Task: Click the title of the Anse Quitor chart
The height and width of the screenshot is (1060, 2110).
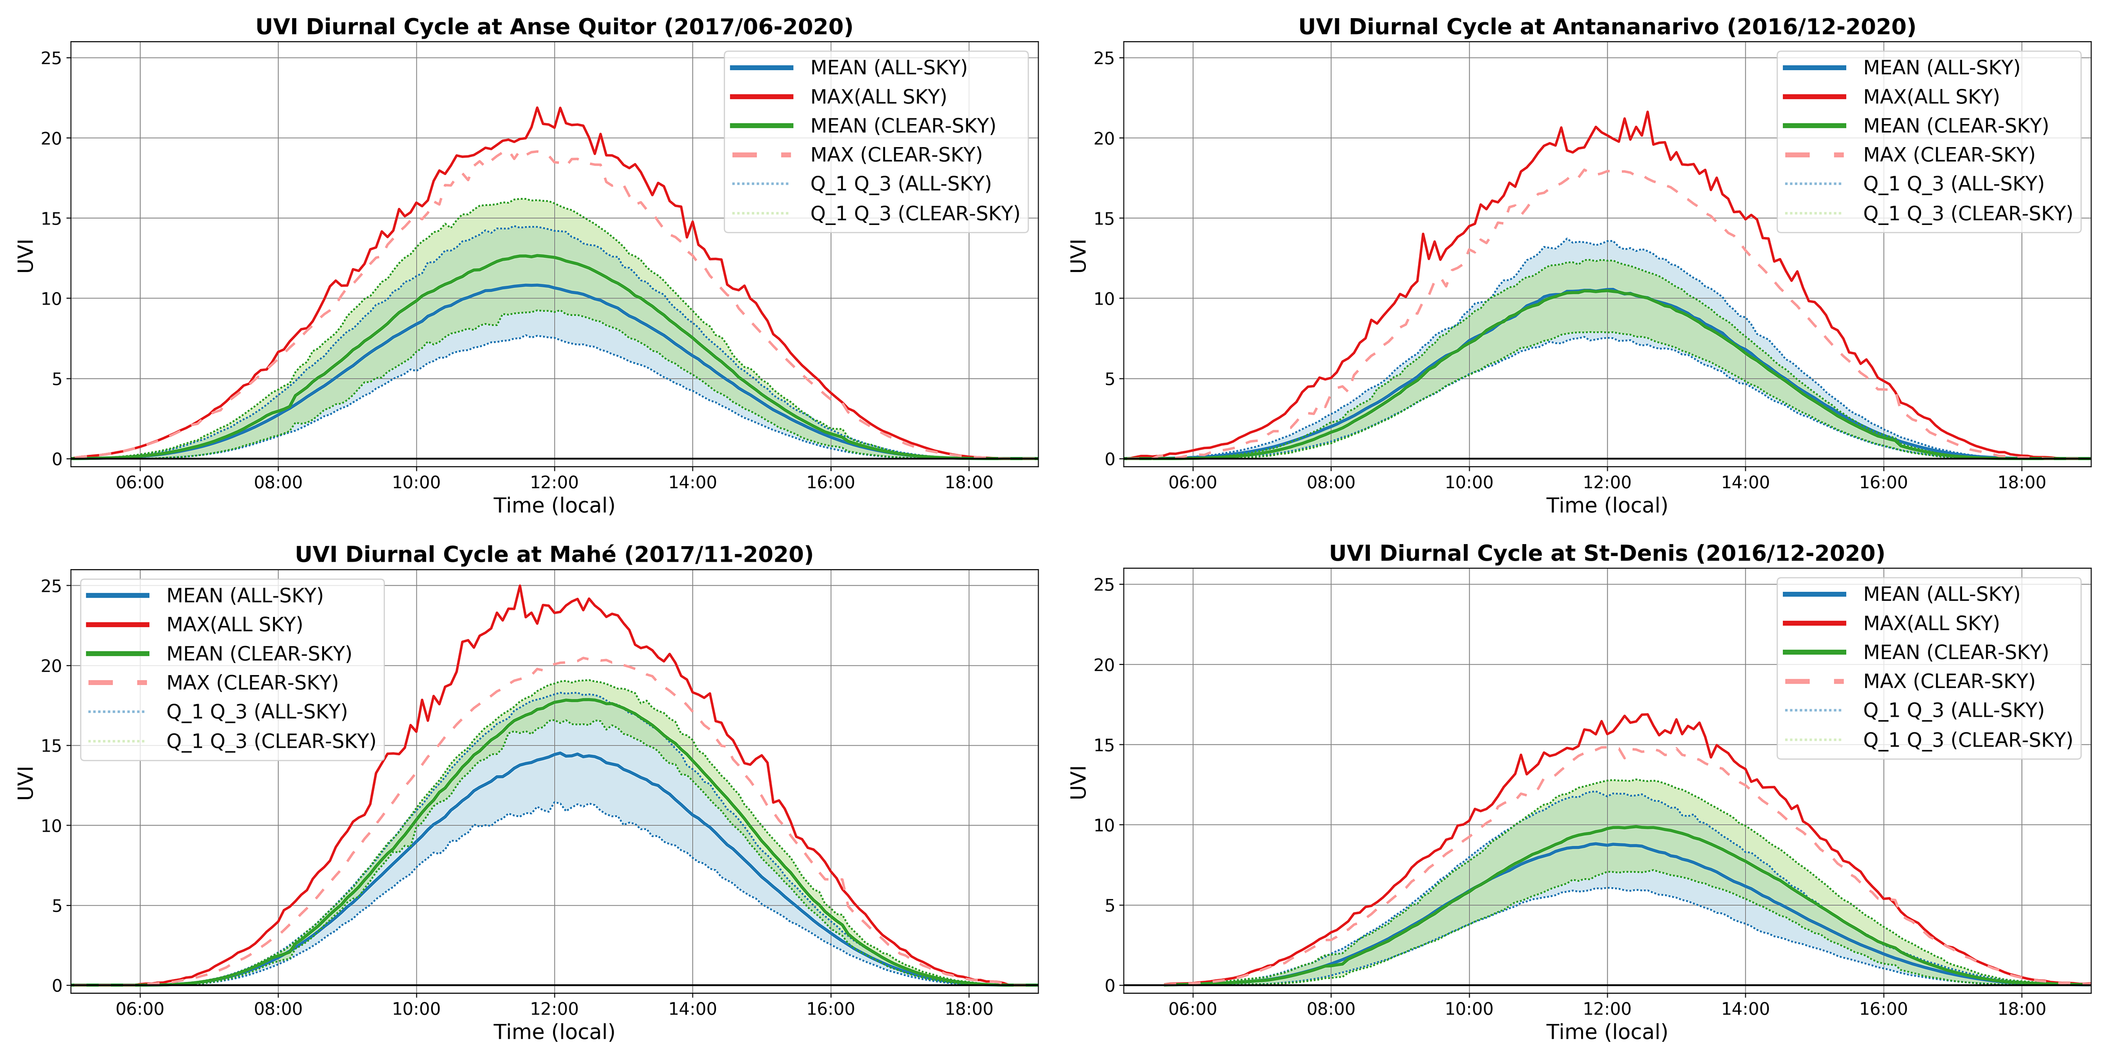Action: pos(553,27)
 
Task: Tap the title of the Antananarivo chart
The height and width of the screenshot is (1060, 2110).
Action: pos(1606,27)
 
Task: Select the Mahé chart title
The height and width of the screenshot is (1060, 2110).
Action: pos(553,555)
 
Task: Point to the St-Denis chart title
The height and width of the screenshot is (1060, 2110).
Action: pos(1606,554)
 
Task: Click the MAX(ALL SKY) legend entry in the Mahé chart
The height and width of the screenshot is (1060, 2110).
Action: pos(234,624)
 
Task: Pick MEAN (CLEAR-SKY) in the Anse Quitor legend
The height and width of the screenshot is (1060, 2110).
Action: pos(903,125)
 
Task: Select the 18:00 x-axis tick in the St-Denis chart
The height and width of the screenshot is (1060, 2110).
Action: pos(2022,1008)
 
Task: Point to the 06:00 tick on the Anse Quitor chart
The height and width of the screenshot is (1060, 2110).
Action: pos(139,482)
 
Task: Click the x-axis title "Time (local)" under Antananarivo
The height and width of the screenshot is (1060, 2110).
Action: pos(1606,505)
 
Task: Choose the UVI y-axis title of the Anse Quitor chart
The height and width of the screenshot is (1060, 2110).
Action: pos(26,255)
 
